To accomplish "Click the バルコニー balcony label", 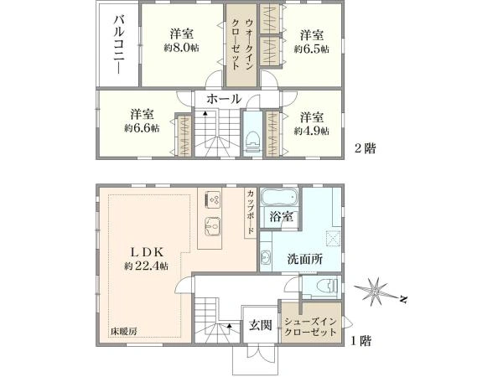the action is tap(119, 44).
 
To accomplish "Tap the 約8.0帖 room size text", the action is tap(181, 48).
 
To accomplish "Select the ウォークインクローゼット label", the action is tap(242, 44).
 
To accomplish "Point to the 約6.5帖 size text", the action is tap(312, 49).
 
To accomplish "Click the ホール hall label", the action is tap(224, 99).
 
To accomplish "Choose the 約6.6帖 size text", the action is tap(142, 128).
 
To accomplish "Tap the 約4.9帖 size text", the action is tap(312, 131).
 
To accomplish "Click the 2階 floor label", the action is tap(365, 148).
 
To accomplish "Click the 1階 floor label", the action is tap(360, 341).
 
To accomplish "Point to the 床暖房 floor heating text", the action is tap(124, 332).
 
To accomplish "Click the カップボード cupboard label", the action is tap(251, 212).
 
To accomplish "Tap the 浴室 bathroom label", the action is tap(282, 217).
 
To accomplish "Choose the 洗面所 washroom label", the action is tap(305, 259).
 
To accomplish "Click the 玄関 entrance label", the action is tap(261, 326).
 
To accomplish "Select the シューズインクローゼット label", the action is tap(310, 327).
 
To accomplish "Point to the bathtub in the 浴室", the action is tap(279, 197).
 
